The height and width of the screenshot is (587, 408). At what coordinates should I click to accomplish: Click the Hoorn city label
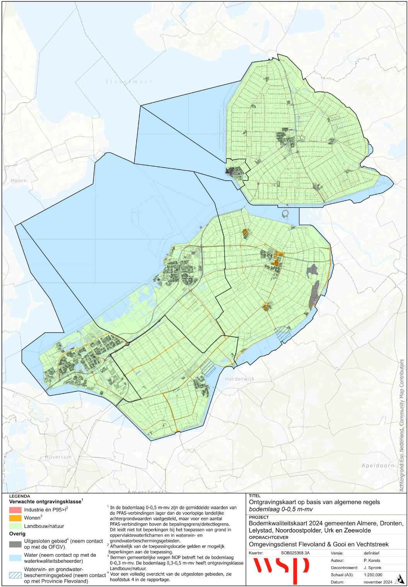point(19,181)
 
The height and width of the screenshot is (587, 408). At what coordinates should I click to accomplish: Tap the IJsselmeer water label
point(129,82)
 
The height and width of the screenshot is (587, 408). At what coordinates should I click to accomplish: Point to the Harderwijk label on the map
point(240,379)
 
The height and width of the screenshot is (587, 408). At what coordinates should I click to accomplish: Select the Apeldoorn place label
point(378,466)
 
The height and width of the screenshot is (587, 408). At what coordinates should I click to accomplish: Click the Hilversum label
point(58,457)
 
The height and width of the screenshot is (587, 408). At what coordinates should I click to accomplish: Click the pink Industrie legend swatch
point(15,510)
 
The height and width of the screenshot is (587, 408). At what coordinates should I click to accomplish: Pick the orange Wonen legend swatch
point(15,518)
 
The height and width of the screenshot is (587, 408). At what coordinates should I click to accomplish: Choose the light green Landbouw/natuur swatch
point(15,526)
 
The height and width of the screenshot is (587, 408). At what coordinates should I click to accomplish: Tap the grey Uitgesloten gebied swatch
point(15,544)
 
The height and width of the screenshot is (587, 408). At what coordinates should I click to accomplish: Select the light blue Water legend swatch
point(15,558)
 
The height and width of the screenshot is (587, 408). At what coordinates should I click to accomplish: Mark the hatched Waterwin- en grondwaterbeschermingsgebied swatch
point(15,575)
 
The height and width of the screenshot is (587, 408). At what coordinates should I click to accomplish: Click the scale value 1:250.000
point(373,575)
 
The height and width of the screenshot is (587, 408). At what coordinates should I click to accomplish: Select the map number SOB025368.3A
point(295,553)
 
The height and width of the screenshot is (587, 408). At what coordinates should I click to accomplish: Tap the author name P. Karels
point(372,560)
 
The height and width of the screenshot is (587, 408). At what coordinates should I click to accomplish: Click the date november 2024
point(378,582)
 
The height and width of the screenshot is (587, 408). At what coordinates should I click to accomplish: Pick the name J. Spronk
point(372,568)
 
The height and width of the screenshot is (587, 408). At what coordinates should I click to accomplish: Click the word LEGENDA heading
point(19,496)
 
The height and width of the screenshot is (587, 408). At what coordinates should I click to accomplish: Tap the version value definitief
point(371,553)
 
